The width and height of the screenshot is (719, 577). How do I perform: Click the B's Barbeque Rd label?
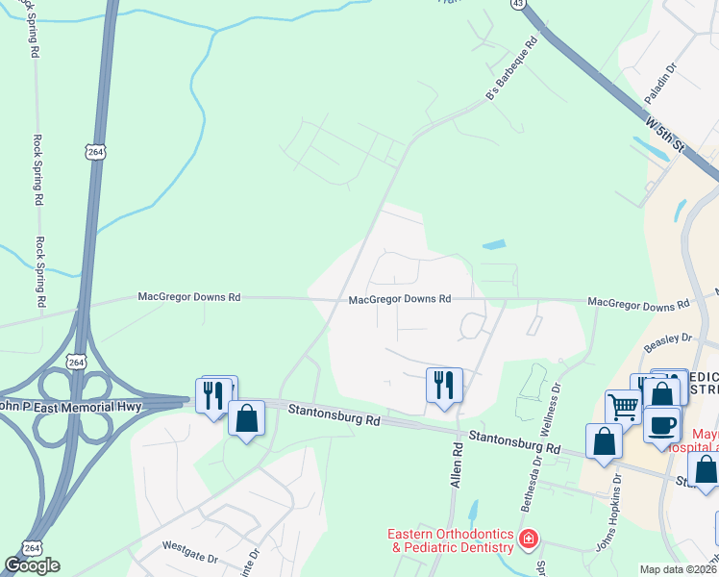pos(508,77)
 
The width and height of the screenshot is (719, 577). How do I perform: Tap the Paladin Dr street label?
pos(661,83)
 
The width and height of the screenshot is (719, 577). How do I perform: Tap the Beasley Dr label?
pos(669,339)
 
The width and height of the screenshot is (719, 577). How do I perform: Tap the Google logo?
pos(32,565)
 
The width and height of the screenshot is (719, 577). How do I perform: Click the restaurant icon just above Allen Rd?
pos(444,385)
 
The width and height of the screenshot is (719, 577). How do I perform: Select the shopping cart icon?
pos(623,408)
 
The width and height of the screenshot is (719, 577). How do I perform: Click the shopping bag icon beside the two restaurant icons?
pos(246,418)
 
